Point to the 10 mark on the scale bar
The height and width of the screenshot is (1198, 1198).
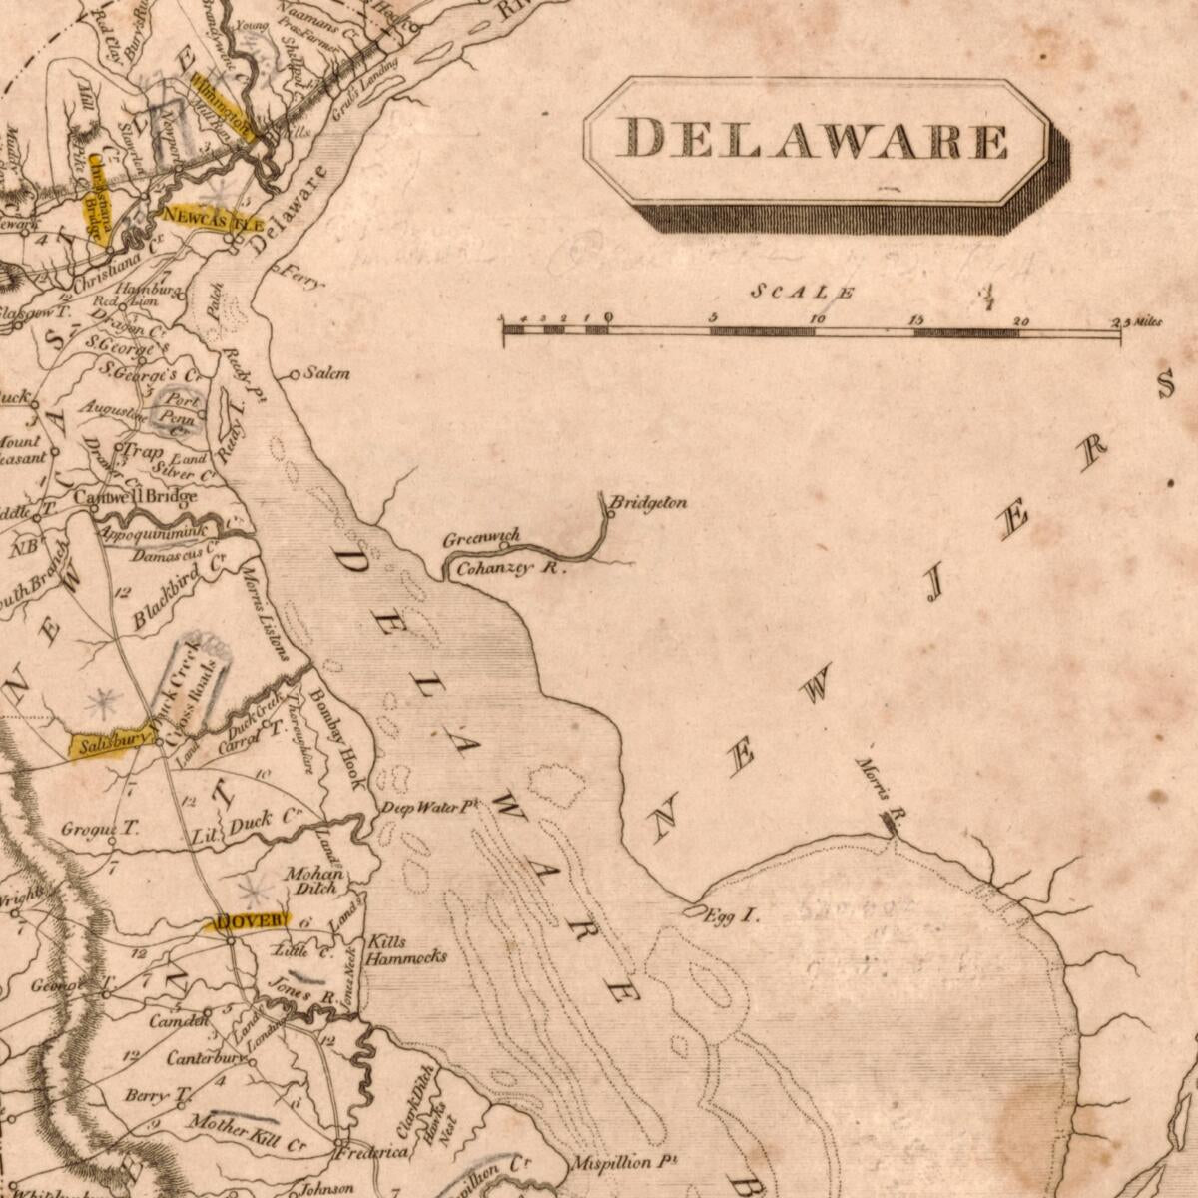817,319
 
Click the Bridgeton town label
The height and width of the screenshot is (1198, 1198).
649,502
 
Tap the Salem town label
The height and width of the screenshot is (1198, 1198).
327,373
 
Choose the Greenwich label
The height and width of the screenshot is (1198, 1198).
482,539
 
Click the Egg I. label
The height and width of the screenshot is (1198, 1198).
733,913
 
